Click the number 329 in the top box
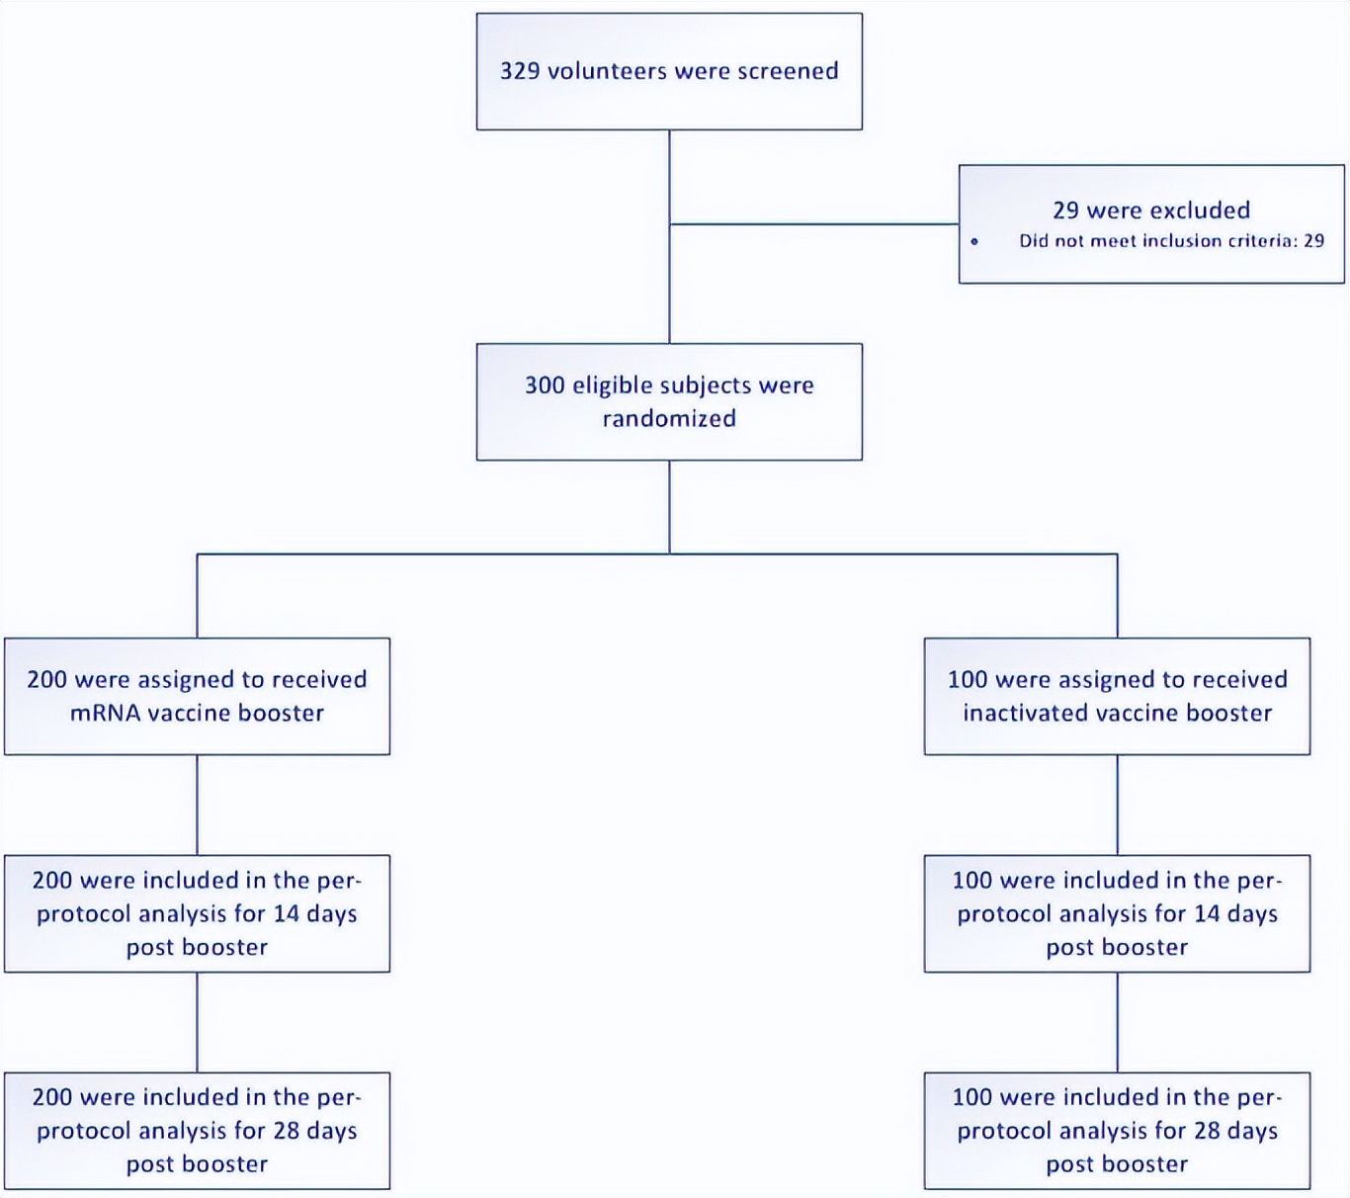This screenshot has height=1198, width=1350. tap(519, 71)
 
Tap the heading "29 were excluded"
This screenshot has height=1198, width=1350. tap(1151, 210)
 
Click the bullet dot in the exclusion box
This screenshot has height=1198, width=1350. tap(974, 241)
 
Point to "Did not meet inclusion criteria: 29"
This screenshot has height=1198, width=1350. tap(1171, 240)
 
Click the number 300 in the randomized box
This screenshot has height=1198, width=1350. tap(545, 385)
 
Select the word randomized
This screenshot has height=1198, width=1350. tap(669, 418)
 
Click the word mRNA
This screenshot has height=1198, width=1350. tap(105, 713)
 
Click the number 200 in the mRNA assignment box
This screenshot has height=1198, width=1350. tap(46, 680)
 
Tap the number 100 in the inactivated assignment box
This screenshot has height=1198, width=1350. tap(968, 680)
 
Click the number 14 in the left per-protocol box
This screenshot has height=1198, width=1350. tap(286, 913)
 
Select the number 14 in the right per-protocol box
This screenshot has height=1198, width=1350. tap(1206, 913)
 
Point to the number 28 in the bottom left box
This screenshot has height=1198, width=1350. tap(286, 1131)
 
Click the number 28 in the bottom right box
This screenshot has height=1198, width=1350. tap(1207, 1131)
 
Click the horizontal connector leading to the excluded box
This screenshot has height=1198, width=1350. tap(814, 224)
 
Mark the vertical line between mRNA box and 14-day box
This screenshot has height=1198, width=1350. tap(197, 805)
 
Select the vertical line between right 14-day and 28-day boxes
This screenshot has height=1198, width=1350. tap(1117, 1022)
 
